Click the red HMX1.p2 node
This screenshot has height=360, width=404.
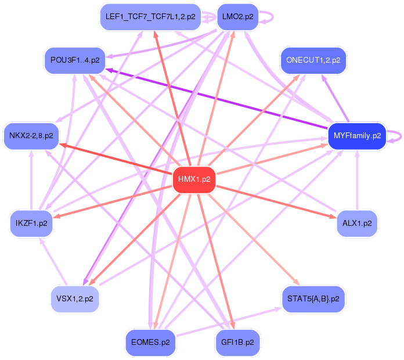[194, 179]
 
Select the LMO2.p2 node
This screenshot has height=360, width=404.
[237, 17]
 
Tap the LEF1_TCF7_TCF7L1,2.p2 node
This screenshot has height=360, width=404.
[150, 17]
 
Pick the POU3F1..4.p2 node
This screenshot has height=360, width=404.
[75, 60]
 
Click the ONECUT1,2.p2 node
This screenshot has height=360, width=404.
[313, 60]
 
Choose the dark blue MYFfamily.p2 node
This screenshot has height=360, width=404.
[357, 136]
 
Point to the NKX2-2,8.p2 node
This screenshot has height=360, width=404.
[31, 136]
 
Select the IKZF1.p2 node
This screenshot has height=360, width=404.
[32, 223]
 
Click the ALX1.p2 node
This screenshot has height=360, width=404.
[357, 223]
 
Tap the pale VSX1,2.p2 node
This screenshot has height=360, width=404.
[75, 299]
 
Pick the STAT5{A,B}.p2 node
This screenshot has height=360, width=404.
[313, 299]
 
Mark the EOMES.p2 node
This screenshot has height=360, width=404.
[150, 343]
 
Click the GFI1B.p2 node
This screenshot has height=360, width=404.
[237, 343]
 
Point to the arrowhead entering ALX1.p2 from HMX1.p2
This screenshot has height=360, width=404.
[331, 216]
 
